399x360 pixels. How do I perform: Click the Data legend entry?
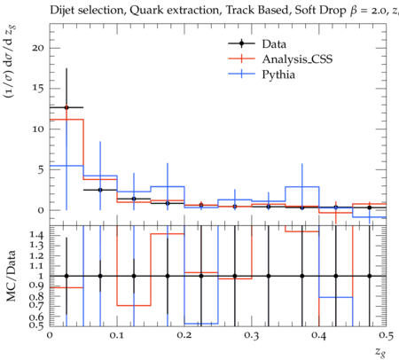(x=274, y=43)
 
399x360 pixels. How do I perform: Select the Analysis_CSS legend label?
(x=297, y=59)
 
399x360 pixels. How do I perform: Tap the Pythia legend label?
(x=278, y=74)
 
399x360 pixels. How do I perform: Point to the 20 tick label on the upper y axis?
(x=38, y=48)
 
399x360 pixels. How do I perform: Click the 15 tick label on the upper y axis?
(x=38, y=89)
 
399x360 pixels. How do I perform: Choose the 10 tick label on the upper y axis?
(x=38, y=129)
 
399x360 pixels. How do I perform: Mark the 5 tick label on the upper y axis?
(x=41, y=169)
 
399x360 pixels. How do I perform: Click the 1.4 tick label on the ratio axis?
(x=36, y=235)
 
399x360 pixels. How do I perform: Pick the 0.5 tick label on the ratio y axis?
(x=36, y=325)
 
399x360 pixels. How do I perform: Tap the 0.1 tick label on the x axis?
(x=117, y=335)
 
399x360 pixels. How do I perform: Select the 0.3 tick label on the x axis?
(x=252, y=335)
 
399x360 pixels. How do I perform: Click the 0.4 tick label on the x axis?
(x=319, y=335)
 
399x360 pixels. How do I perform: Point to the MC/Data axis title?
(x=12, y=276)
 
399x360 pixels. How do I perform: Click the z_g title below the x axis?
(x=380, y=352)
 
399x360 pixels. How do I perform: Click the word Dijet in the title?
(x=62, y=11)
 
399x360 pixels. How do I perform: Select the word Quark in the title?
(x=142, y=11)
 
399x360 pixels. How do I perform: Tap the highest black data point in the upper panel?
(x=66, y=107)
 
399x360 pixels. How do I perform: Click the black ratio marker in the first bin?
(x=66, y=276)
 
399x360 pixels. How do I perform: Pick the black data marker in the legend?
(x=241, y=43)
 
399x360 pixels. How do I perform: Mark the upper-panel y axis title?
(x=10, y=61)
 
